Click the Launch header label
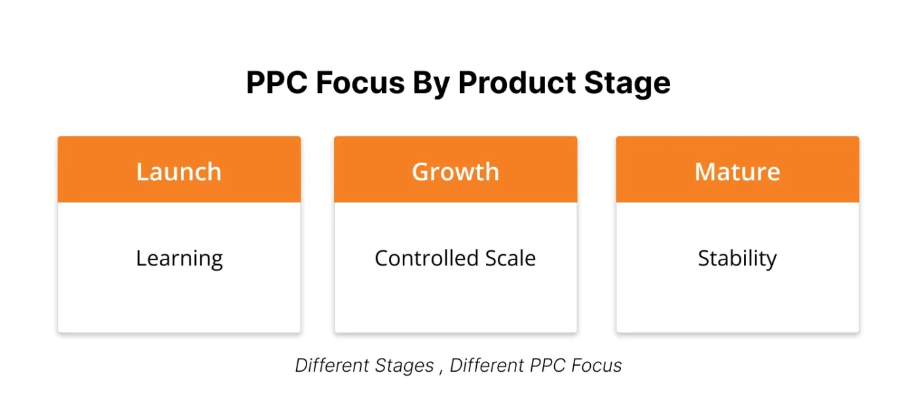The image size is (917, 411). coord(179,172)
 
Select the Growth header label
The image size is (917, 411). coord(455,172)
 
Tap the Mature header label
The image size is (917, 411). coord(737,172)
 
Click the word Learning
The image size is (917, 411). coord(179,259)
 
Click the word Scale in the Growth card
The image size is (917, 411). coord(510,258)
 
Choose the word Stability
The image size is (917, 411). coord(737,259)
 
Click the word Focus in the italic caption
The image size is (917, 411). coord(595,365)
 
